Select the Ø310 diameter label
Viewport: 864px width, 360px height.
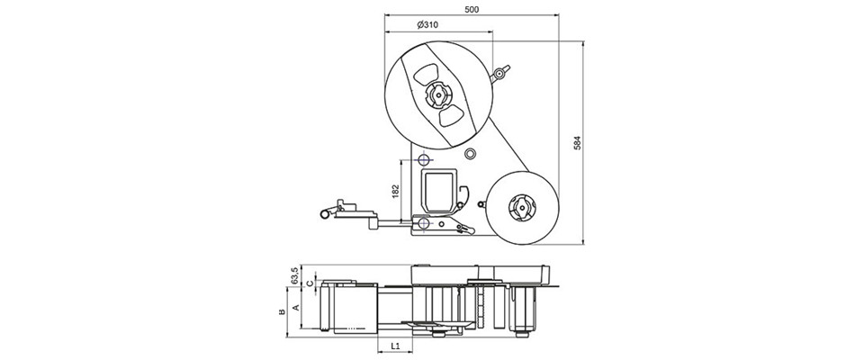pos(427,25)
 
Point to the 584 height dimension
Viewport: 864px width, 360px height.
pos(578,142)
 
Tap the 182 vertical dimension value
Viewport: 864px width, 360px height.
pos(394,192)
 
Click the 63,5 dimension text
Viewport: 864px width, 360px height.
pos(295,275)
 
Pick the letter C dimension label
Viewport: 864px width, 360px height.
pos(310,283)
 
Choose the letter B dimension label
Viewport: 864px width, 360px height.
pos(282,312)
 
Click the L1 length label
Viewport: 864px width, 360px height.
pos(394,346)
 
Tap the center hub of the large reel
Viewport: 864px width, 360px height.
pos(438,94)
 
